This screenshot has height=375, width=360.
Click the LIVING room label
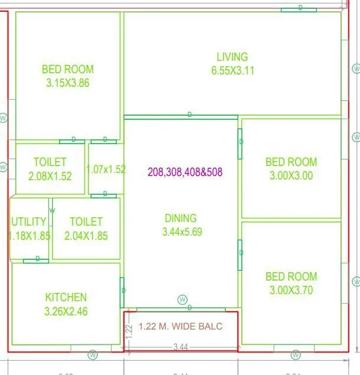click(232, 57)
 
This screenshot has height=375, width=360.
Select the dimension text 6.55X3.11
click(232, 70)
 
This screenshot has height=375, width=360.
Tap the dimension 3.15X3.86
click(67, 83)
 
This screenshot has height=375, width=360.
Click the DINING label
click(181, 219)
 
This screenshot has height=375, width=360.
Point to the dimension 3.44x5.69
click(182, 232)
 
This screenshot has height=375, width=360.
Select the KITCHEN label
click(66, 298)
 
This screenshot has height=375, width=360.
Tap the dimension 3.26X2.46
click(66, 311)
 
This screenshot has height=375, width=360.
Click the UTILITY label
click(28, 222)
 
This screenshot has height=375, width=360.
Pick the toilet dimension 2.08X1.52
click(50, 176)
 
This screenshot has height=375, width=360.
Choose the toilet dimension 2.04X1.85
click(86, 236)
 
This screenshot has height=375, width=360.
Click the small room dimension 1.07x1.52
click(106, 169)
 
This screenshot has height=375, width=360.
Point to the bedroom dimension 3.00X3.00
click(291, 175)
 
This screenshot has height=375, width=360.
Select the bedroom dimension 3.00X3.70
click(291, 290)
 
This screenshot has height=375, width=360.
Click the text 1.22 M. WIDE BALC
click(181, 326)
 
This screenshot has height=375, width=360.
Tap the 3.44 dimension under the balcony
click(181, 347)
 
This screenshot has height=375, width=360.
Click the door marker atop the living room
click(300, 8)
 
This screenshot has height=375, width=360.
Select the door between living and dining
click(189, 115)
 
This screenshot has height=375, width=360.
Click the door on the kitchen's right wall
click(123, 291)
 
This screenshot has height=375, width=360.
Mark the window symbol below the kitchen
click(93, 355)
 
